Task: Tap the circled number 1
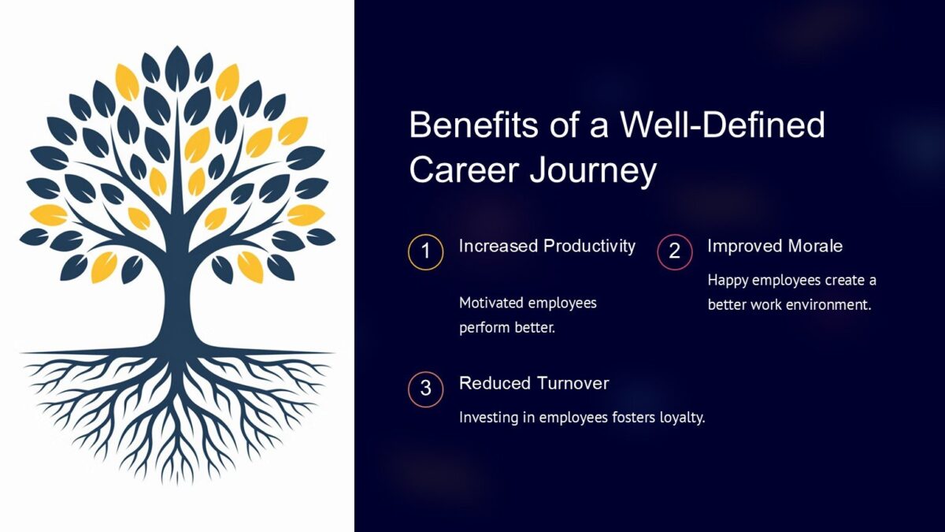click(x=426, y=253)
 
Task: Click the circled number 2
click(x=674, y=253)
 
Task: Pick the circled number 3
click(x=426, y=389)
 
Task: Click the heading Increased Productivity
click(x=547, y=246)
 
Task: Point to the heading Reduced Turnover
click(x=533, y=383)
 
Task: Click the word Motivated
click(x=493, y=303)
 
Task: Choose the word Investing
click(x=488, y=418)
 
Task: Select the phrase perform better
click(x=507, y=327)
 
